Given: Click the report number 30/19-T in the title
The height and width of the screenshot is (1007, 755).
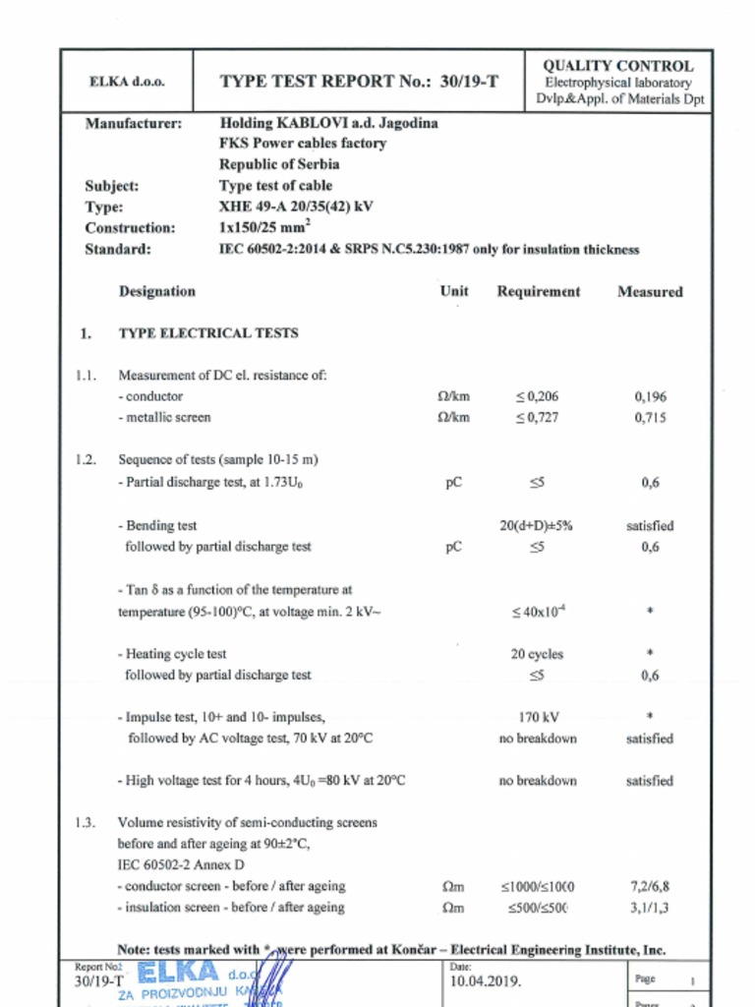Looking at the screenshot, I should pyautogui.click(x=467, y=82).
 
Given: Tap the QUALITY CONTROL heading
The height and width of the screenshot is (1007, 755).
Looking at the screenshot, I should pyautogui.click(x=618, y=66).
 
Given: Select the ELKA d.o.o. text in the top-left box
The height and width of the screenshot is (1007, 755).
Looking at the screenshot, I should pyautogui.click(x=127, y=82).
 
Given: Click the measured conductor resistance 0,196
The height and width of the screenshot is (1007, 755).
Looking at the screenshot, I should pyautogui.click(x=650, y=396).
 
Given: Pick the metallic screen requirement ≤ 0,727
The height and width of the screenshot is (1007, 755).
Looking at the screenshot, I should pyautogui.click(x=537, y=417).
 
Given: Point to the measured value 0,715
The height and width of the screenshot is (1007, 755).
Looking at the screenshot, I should pyautogui.click(x=650, y=417).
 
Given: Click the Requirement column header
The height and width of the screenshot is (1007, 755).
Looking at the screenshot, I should pyautogui.click(x=538, y=291).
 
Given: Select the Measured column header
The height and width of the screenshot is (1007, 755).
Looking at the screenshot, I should pyautogui.click(x=649, y=291).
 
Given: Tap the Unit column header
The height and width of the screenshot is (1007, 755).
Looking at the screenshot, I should pyautogui.click(x=454, y=291).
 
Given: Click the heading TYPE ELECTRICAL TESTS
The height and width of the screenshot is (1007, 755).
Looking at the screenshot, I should pyautogui.click(x=208, y=333).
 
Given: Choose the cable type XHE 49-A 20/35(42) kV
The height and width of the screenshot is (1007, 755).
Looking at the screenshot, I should pyautogui.click(x=296, y=207).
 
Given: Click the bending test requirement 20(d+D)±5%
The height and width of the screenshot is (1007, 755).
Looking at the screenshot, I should pyautogui.click(x=537, y=526).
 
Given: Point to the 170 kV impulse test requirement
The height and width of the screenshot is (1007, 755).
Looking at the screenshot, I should pyautogui.click(x=538, y=717).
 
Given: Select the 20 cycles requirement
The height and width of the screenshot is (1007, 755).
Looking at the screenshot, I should pyautogui.click(x=538, y=654).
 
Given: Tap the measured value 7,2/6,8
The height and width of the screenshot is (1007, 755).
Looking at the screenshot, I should pyautogui.click(x=650, y=886).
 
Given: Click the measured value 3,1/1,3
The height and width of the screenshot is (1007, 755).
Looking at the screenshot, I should pyautogui.click(x=650, y=908).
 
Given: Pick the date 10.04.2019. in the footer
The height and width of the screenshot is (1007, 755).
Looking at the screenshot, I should pyautogui.click(x=486, y=981).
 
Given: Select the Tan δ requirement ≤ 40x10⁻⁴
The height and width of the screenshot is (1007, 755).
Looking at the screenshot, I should pyautogui.click(x=538, y=612).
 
